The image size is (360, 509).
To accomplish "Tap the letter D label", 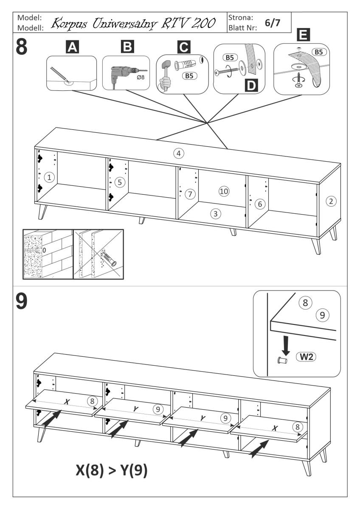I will click(x=251, y=86).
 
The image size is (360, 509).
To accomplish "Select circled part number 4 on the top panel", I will click(x=179, y=153).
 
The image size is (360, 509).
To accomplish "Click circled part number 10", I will click(x=224, y=191).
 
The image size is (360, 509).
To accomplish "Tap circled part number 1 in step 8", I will click(x=50, y=177).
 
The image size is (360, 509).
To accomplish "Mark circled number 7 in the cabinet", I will click(x=191, y=194).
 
